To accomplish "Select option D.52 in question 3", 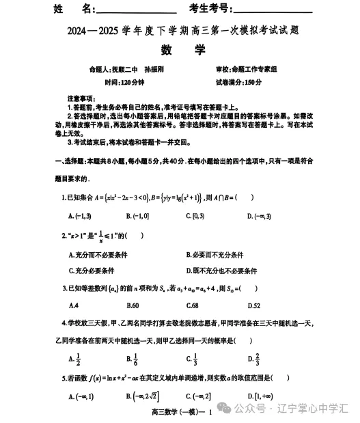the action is click(x=253, y=305).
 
